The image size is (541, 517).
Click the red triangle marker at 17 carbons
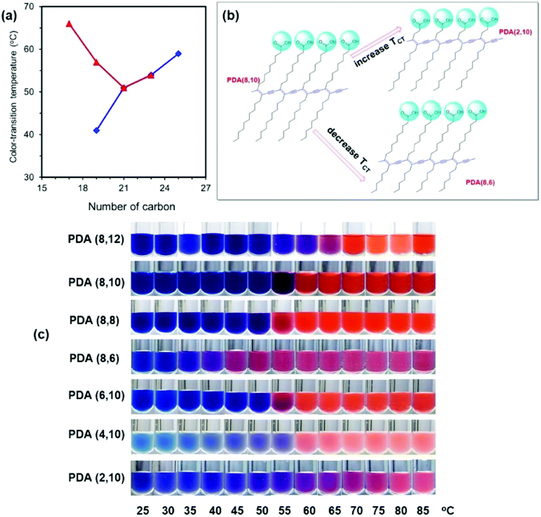tap(69, 24)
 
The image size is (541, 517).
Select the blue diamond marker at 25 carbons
tap(178, 54)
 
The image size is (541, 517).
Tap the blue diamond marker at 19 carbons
tap(97, 130)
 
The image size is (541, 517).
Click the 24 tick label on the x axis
tap(165, 188)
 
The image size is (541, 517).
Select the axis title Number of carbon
tap(132, 207)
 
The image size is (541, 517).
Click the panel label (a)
tap(9, 17)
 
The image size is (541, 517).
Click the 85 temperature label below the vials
tap(423, 510)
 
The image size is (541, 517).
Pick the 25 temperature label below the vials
tap(142, 510)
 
